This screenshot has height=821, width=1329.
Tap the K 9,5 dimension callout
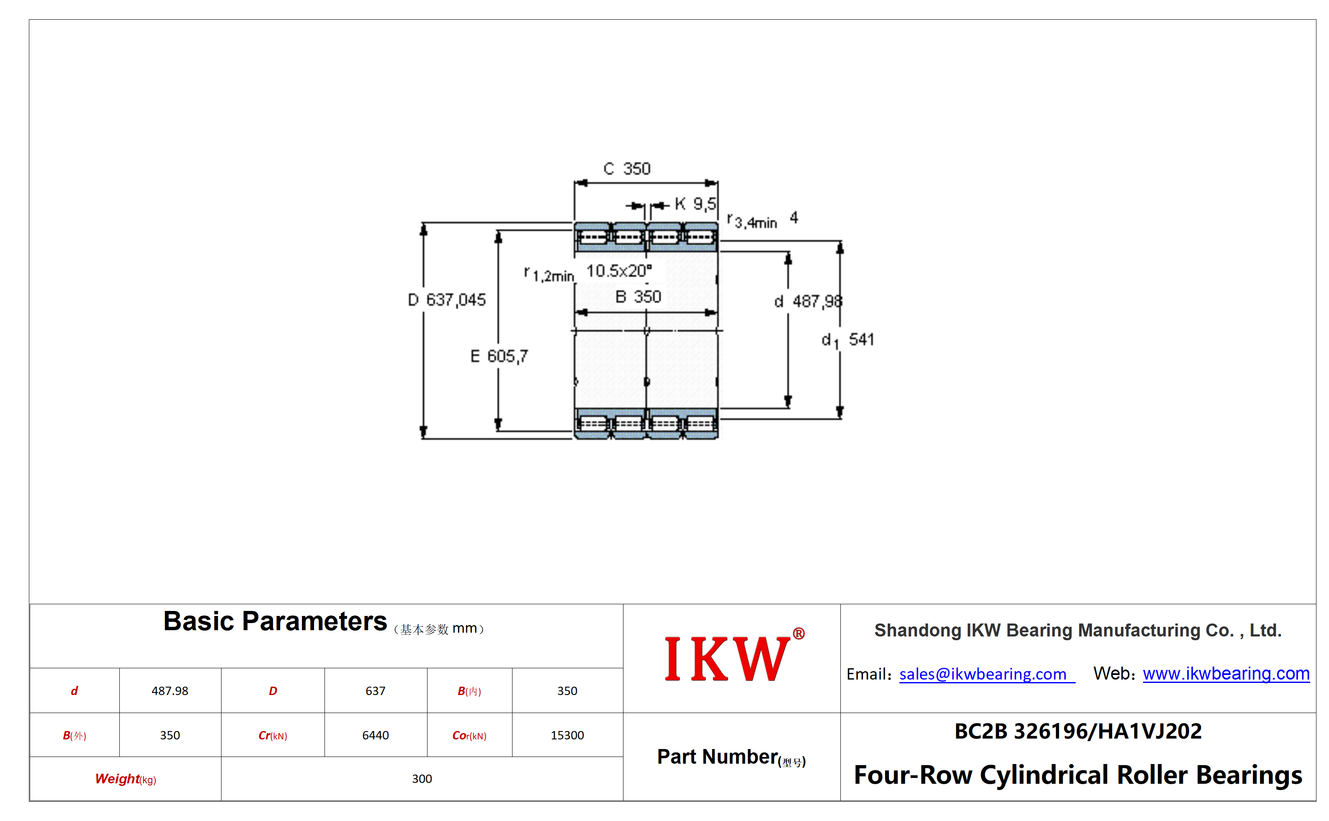tap(695, 204)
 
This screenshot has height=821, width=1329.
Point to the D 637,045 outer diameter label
tap(447, 300)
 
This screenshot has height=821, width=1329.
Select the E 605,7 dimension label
tap(499, 356)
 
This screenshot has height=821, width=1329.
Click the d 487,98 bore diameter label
tap(808, 301)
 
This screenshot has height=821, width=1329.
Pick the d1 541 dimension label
tap(847, 340)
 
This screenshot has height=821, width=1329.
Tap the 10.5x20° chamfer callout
tap(619, 270)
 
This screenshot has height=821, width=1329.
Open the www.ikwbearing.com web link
tap(1226, 673)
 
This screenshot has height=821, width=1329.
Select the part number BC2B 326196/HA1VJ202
tap(1078, 731)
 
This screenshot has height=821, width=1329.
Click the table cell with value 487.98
tap(170, 691)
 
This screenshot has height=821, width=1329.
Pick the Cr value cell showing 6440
tap(376, 735)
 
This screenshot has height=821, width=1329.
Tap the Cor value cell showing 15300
tap(567, 735)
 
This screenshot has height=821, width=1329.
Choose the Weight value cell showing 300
tap(422, 779)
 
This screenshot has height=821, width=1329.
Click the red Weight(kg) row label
tap(126, 779)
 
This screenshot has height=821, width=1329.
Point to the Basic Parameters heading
tap(275, 621)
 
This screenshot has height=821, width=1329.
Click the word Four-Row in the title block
tap(913, 775)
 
